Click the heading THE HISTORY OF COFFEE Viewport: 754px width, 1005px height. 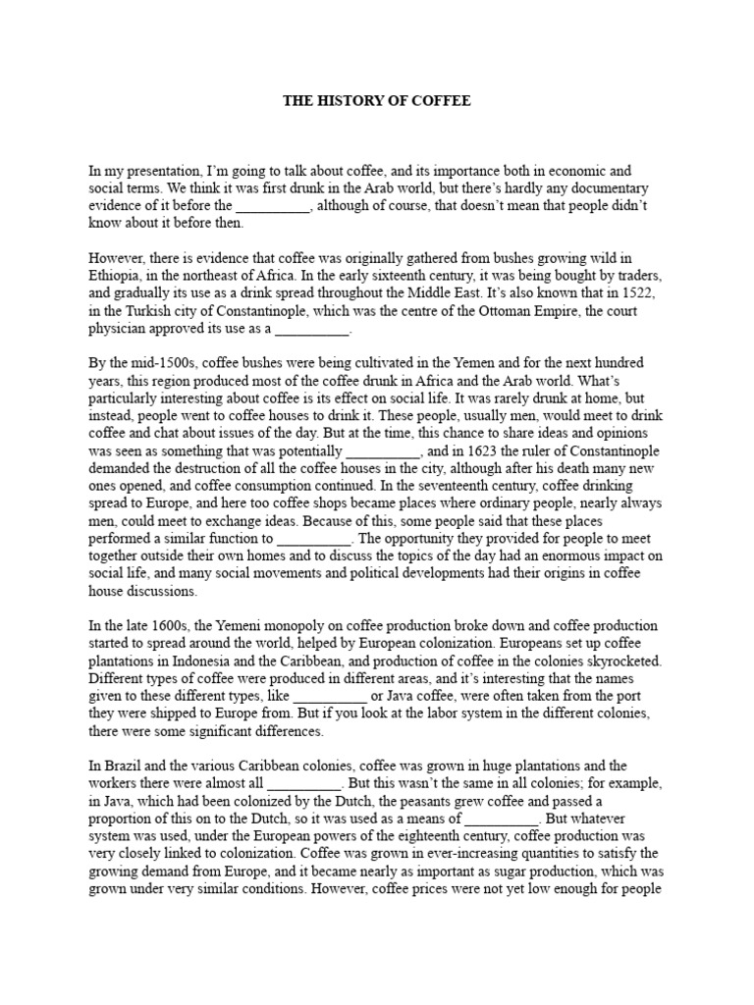(x=377, y=100)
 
